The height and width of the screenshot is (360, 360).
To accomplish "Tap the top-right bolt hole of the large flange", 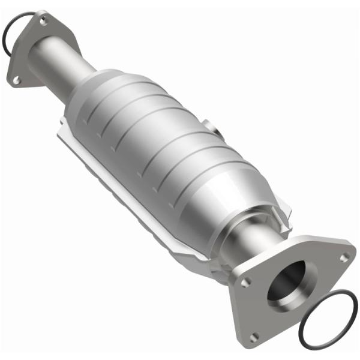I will (344, 258).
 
